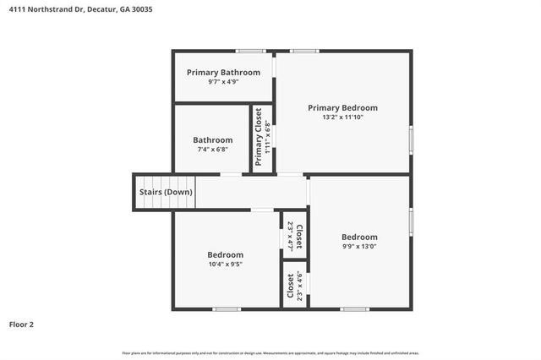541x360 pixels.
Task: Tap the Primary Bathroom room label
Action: click(x=223, y=73)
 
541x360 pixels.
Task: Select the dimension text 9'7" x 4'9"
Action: click(x=223, y=83)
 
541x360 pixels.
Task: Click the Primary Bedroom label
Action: click(x=342, y=108)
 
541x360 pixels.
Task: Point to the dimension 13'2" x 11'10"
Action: click(x=342, y=118)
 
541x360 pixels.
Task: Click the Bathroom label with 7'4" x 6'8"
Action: click(x=212, y=140)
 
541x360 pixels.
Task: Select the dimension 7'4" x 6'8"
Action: click(x=212, y=150)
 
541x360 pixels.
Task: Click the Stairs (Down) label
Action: click(x=166, y=192)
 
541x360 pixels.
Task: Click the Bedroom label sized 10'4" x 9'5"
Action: click(x=226, y=254)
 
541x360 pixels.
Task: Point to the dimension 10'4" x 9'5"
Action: click(x=226, y=265)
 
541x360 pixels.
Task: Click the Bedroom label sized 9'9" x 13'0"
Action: click(x=359, y=237)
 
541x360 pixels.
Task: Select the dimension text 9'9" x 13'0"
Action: click(x=359, y=247)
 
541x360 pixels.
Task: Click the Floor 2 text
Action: click(x=22, y=324)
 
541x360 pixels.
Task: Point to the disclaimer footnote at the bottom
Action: click(x=270, y=352)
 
